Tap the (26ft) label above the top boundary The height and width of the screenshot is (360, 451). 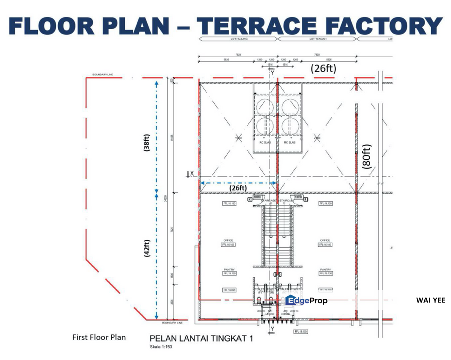point(324,69)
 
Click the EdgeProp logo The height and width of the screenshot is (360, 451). point(306,300)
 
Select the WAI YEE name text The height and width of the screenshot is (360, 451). point(430,300)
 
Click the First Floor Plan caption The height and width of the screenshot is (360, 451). point(99,337)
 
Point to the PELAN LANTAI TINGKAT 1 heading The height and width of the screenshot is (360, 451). point(201,338)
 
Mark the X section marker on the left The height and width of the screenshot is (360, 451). point(192,173)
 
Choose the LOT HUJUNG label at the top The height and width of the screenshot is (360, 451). point(238,38)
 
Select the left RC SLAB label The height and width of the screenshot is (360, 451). point(265,142)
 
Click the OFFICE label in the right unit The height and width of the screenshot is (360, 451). point(325,240)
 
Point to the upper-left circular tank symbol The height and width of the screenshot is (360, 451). point(265,106)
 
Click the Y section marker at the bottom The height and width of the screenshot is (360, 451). point(273,330)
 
